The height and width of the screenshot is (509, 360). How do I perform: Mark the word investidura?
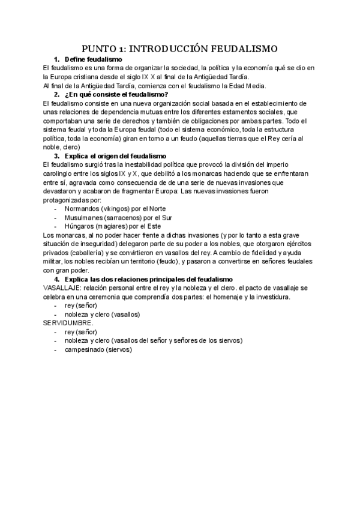pos(272,297)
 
